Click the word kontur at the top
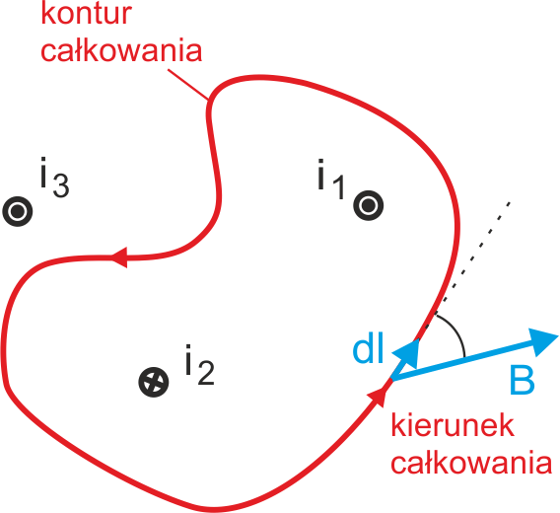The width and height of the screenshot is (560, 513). pyautogui.click(x=87, y=14)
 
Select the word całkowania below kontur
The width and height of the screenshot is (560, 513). pyautogui.click(x=121, y=50)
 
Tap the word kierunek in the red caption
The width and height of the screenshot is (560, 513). pyautogui.click(x=453, y=425)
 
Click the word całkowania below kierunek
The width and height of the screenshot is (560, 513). pyautogui.click(x=471, y=462)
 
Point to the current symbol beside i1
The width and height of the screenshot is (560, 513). pyautogui.click(x=369, y=205)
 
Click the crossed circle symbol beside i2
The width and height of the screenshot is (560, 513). pyautogui.click(x=154, y=382)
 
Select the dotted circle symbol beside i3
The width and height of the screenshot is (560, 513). pyautogui.click(x=18, y=211)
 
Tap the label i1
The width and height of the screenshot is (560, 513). pyautogui.click(x=331, y=179)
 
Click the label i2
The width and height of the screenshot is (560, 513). pyautogui.click(x=199, y=365)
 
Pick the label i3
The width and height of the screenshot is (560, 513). pyautogui.click(x=54, y=177)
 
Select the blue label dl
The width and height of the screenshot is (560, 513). pyautogui.click(x=368, y=347)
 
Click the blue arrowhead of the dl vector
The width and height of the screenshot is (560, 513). pyautogui.click(x=407, y=353)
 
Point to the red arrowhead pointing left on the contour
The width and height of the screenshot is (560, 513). pyautogui.click(x=120, y=257)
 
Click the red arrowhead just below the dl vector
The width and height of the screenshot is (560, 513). pyautogui.click(x=379, y=396)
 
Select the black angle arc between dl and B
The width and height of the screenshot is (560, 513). pyautogui.click(x=456, y=331)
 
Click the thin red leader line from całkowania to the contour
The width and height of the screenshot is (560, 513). pyautogui.click(x=188, y=84)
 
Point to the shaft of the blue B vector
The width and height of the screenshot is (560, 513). pyautogui.click(x=464, y=359)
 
